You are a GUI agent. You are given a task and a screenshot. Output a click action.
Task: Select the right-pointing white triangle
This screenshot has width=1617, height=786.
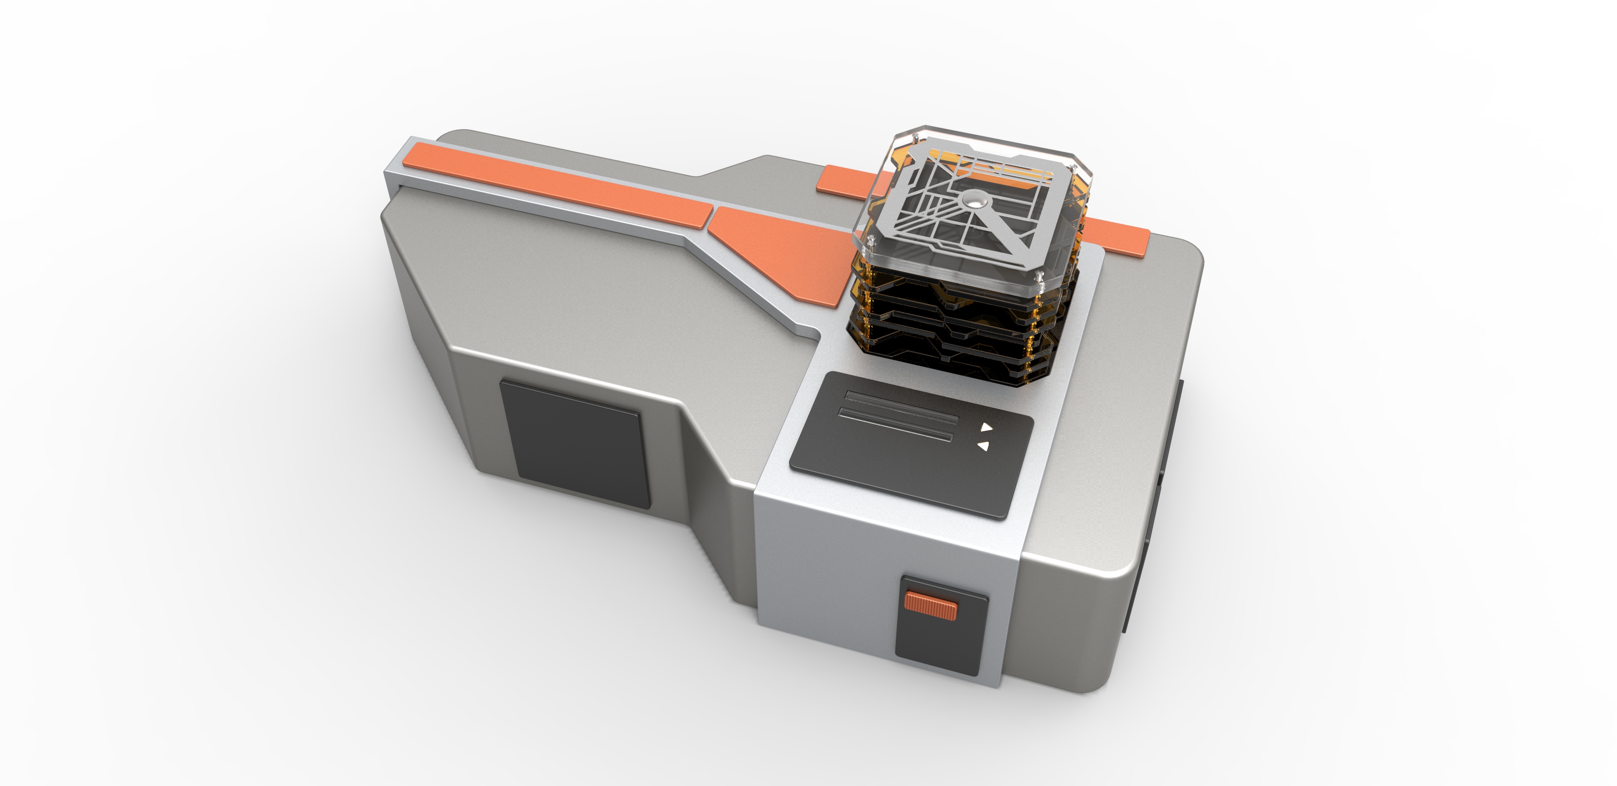click(x=987, y=427)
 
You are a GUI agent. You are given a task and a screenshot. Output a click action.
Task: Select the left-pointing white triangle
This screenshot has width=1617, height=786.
click(x=984, y=446)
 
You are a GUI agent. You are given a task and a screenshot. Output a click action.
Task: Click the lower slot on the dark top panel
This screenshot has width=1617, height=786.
click(x=895, y=424)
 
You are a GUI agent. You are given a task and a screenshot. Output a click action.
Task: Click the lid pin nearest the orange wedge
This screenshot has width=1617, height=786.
click(x=871, y=239)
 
